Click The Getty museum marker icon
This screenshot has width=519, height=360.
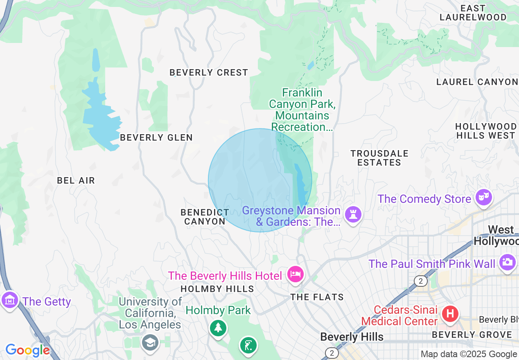click(x=10, y=300)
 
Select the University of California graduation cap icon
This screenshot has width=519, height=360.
click(x=150, y=342)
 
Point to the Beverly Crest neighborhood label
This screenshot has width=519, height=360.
click(x=209, y=72)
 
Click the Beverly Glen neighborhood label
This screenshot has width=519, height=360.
click(x=156, y=137)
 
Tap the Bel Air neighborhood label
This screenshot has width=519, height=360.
click(x=76, y=180)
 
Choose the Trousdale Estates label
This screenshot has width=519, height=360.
click(x=379, y=158)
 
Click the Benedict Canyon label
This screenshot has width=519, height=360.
click(x=205, y=217)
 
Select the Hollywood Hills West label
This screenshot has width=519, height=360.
click(x=485, y=131)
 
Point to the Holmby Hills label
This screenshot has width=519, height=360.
click(x=217, y=289)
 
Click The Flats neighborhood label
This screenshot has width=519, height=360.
click(x=317, y=297)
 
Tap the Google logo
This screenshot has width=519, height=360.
click(x=27, y=350)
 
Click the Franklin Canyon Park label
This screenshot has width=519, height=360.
click(x=302, y=110)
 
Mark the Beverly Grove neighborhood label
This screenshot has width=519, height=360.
click(x=472, y=335)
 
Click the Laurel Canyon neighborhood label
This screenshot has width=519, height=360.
click(x=477, y=82)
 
